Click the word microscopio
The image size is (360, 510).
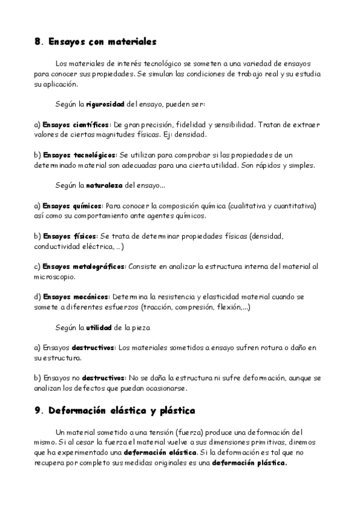tap(55, 277)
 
